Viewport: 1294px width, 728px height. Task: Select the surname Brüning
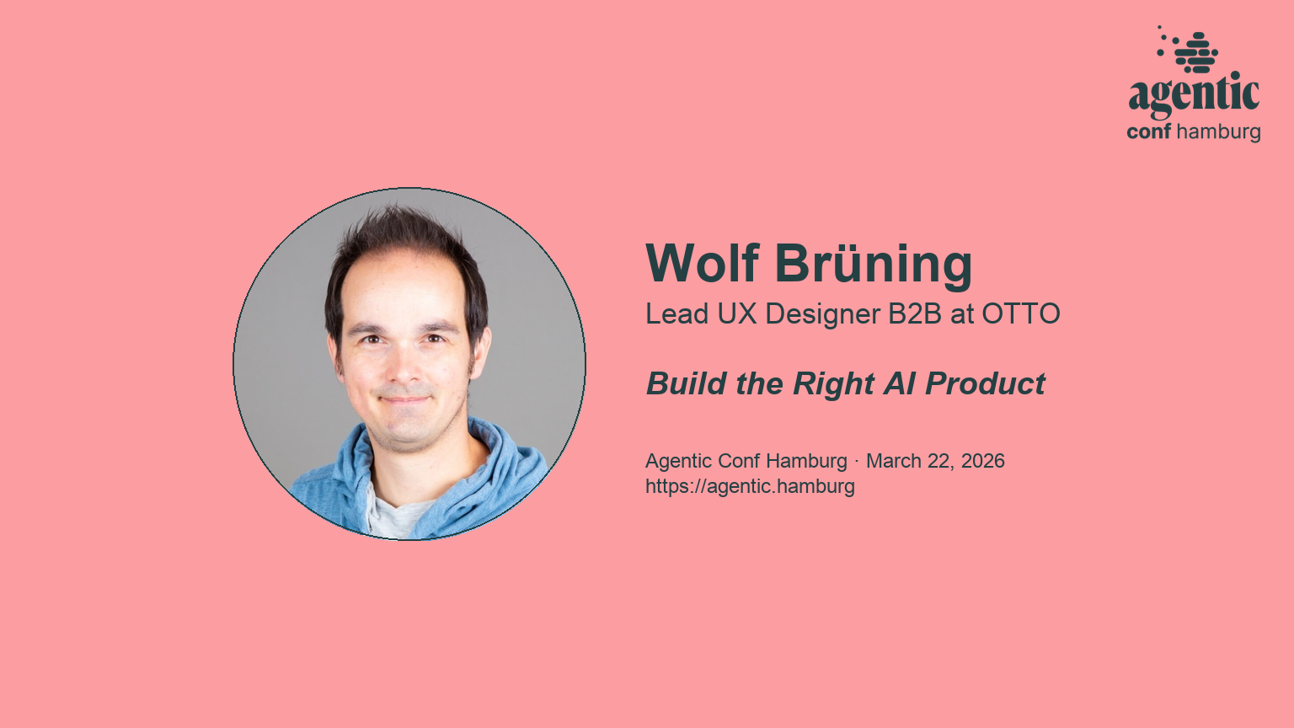click(x=874, y=264)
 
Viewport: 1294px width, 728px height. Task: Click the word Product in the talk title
click(x=985, y=384)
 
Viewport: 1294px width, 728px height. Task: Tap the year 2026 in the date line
click(x=983, y=461)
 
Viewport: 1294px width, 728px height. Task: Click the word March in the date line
click(x=893, y=461)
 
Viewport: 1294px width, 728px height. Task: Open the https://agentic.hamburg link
click(x=750, y=486)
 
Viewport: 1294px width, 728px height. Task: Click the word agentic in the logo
click(x=1194, y=94)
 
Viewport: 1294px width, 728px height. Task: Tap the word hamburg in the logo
click(x=1218, y=132)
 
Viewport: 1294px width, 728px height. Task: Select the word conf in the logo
click(x=1149, y=132)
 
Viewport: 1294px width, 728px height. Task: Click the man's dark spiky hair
click(x=396, y=232)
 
